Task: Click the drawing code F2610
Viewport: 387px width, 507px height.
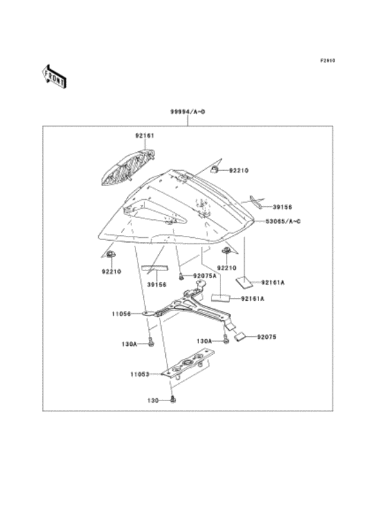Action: [x=328, y=61]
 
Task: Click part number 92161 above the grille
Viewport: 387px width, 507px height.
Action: [x=144, y=136]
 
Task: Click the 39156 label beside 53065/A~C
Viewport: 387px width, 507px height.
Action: [x=281, y=206]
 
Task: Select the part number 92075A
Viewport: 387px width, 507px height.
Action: [x=205, y=276]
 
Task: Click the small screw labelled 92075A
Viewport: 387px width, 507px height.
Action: [x=181, y=276]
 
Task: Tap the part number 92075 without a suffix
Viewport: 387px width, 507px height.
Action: [x=267, y=337]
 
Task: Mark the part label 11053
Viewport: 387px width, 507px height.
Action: [x=138, y=374]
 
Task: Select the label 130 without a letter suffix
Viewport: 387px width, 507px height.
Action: [x=153, y=400]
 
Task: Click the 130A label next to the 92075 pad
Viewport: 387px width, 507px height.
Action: [x=205, y=341]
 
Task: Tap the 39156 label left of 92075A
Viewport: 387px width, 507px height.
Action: [x=157, y=284]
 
